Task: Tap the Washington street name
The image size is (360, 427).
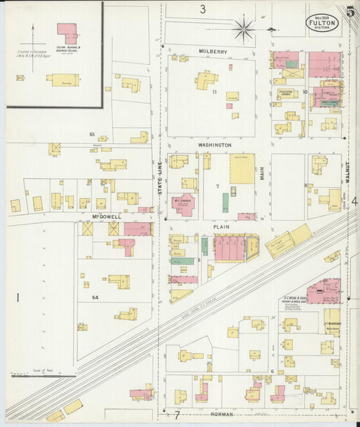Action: click(x=215, y=145)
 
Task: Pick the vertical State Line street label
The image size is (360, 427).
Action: click(x=161, y=181)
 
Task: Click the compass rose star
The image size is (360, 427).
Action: click(x=244, y=28)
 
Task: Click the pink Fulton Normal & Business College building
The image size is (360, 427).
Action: click(x=66, y=31)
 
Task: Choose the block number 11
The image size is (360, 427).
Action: click(x=213, y=91)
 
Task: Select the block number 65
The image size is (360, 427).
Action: click(x=92, y=134)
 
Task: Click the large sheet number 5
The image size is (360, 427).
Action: click(x=350, y=11)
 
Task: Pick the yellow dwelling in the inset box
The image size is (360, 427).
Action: click(x=62, y=79)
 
